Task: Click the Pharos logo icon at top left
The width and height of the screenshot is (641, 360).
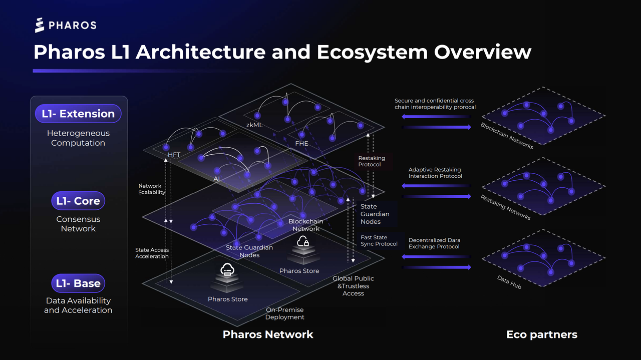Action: pyautogui.click(x=40, y=25)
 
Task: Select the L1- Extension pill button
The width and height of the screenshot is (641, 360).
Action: pyautogui.click(x=78, y=114)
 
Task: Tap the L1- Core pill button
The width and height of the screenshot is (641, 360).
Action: pyautogui.click(x=78, y=201)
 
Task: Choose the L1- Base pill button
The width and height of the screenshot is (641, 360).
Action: pyautogui.click(x=78, y=283)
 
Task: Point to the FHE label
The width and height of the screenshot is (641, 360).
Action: pyautogui.click(x=301, y=144)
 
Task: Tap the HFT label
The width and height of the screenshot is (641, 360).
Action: pyautogui.click(x=174, y=155)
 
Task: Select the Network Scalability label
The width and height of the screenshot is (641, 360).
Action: pyautogui.click(x=152, y=189)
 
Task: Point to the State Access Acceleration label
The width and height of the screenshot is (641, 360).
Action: pyautogui.click(x=152, y=253)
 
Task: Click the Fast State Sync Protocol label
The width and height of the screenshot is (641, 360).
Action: pyautogui.click(x=379, y=241)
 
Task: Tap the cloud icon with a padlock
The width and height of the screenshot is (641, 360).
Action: pyautogui.click(x=302, y=243)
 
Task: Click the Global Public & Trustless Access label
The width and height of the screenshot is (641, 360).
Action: pyautogui.click(x=354, y=286)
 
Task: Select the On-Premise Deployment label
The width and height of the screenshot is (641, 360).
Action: pyautogui.click(x=284, y=313)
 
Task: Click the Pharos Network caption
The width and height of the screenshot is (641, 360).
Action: pyautogui.click(x=268, y=334)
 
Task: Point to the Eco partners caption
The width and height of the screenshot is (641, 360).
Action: pyautogui.click(x=542, y=334)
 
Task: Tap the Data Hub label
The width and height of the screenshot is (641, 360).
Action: pyautogui.click(x=509, y=282)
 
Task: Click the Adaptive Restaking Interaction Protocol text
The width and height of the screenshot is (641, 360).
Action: pyautogui.click(x=435, y=173)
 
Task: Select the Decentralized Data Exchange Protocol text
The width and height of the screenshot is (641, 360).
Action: pyautogui.click(x=434, y=243)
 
